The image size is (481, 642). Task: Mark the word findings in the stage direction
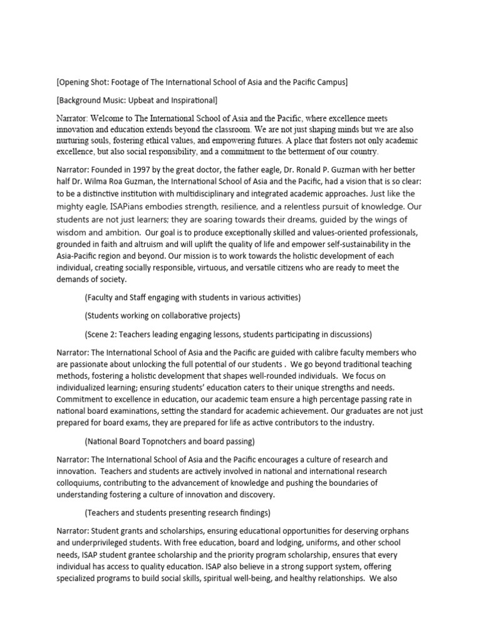251,512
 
